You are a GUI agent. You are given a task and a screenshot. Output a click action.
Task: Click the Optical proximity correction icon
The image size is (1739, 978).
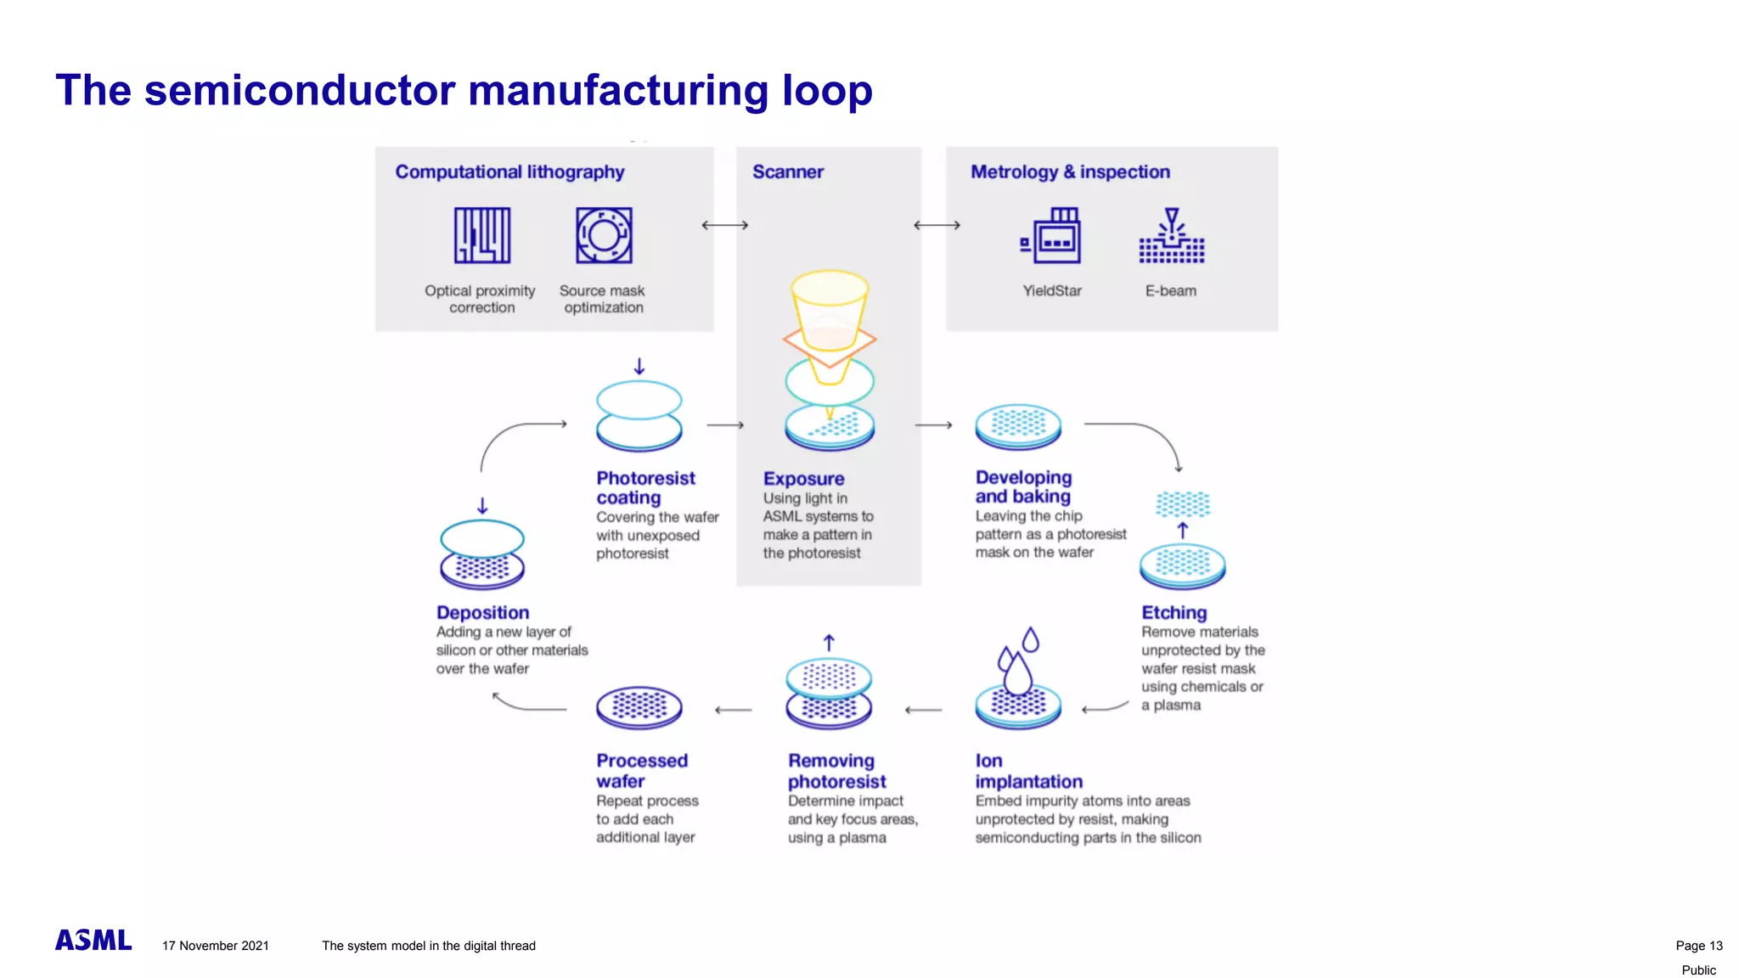(x=481, y=235)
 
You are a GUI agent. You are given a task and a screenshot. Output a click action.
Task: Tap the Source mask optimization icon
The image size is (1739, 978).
(x=604, y=235)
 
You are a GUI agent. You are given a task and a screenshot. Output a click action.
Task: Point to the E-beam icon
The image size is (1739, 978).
(x=1171, y=237)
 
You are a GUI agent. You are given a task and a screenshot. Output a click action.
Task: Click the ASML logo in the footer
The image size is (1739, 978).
(x=93, y=941)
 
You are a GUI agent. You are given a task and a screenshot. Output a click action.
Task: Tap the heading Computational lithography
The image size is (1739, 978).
(x=509, y=171)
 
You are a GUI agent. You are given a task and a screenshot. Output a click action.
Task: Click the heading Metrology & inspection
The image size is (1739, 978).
(x=1070, y=171)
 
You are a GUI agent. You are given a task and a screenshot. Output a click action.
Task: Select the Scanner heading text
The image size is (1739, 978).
(x=788, y=171)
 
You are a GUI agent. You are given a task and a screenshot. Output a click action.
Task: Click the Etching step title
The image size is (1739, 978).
(x=1173, y=612)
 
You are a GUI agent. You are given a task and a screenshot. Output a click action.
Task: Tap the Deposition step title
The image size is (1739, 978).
(x=482, y=612)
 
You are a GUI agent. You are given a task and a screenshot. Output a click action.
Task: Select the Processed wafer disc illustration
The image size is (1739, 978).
(x=639, y=707)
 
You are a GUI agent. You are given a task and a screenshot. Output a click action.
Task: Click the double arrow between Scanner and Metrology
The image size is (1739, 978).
(x=937, y=225)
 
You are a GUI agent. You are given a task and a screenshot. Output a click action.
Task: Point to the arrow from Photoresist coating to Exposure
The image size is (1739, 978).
(x=725, y=424)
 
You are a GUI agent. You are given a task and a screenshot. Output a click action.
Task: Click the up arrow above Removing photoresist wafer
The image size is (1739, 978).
(x=830, y=643)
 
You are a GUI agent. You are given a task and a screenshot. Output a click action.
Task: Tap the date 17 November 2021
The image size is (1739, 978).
(x=216, y=946)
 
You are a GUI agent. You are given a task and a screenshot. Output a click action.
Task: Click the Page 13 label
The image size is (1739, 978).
(x=1698, y=946)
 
